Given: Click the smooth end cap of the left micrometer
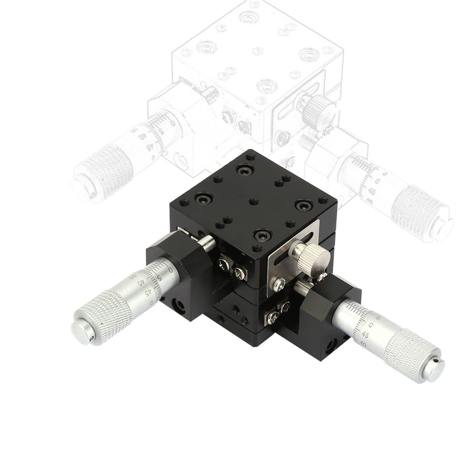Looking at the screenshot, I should pyautogui.click(x=82, y=332).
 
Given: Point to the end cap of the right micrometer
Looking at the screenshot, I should pyautogui.click(x=434, y=369).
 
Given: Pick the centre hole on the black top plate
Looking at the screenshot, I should pyautogui.click(x=254, y=202).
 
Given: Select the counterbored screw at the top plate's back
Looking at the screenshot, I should pyautogui.click(x=242, y=170).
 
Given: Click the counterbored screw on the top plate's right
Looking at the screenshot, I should pyautogui.click(x=304, y=205).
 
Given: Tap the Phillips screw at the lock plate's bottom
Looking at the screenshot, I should pyautogui.click(x=277, y=285).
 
